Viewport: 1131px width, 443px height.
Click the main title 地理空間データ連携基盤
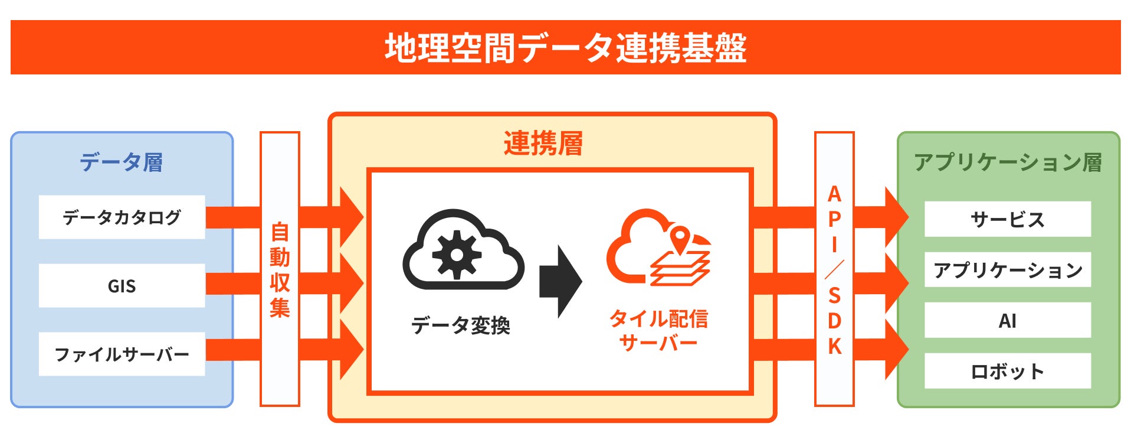coord(565,47)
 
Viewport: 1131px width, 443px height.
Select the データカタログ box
coord(122,217)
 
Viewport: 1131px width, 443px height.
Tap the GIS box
coord(122,286)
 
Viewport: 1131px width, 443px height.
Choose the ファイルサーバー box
coord(122,354)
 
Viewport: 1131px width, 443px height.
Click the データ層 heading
coord(122,162)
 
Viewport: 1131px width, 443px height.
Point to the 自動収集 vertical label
coord(280,269)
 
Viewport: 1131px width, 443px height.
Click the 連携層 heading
coord(543,144)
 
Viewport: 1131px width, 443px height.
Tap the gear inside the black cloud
coord(456,255)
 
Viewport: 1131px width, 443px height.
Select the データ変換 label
coord(460,325)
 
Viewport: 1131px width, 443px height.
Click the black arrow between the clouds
coord(560,282)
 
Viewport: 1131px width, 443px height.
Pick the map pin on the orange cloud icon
coord(680,239)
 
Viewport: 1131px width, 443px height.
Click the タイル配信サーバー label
coord(658,330)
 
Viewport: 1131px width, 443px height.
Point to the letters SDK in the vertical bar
coord(834,320)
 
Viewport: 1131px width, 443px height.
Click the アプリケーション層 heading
coord(1008,162)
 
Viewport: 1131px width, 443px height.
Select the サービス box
coord(1007,220)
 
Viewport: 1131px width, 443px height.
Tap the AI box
coord(1007,321)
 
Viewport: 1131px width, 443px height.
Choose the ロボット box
coord(1007,371)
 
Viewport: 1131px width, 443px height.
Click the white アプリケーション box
coord(1007,270)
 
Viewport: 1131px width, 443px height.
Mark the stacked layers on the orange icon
coord(680,269)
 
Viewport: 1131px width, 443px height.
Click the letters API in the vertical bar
coord(834,219)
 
